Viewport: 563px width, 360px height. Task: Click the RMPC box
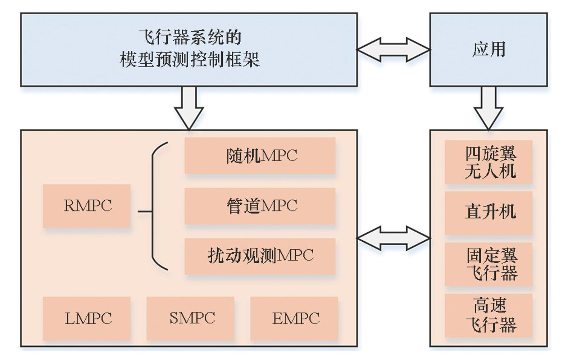point(87,206)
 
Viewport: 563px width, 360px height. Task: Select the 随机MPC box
point(260,156)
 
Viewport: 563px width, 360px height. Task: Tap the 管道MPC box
point(260,206)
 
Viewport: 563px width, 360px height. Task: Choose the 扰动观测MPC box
point(260,256)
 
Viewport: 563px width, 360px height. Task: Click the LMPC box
point(87,318)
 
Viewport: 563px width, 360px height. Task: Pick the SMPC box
point(190,318)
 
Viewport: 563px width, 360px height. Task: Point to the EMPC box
point(294,318)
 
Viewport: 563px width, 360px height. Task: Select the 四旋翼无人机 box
point(489,162)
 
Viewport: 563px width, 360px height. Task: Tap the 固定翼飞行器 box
point(489,264)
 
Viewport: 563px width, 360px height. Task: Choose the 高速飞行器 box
point(489,315)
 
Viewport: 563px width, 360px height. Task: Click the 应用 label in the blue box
point(489,49)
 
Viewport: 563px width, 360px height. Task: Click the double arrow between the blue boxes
point(394,49)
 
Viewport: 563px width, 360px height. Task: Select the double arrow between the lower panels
point(394,238)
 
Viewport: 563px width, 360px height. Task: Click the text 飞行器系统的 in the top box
point(189,37)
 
